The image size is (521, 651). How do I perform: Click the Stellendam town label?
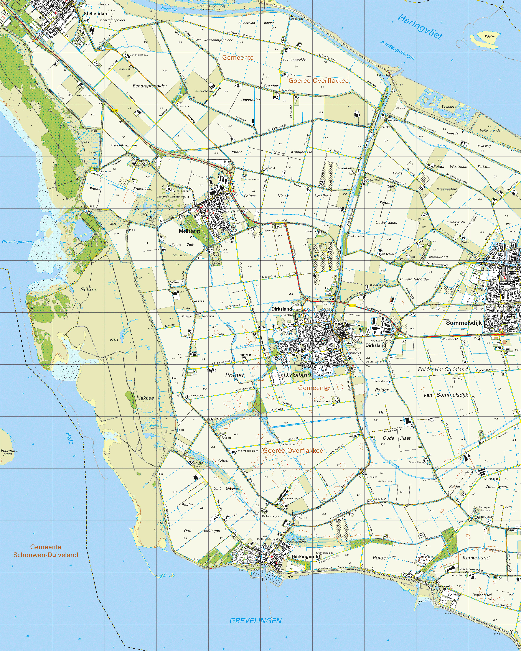coord(96,14)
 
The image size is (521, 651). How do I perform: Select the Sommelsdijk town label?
coord(464,323)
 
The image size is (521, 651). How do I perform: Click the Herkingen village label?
coord(302,556)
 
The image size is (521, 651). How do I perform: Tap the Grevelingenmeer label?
coord(17,242)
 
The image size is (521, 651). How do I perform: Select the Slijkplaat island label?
coord(490,36)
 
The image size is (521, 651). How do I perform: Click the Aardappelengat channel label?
coord(397,50)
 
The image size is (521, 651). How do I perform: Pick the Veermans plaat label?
coord(9,452)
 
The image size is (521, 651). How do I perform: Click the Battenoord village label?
coord(441,586)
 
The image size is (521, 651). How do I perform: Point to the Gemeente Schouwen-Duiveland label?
coord(46,551)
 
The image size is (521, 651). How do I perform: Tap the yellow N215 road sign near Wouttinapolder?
coord(114,111)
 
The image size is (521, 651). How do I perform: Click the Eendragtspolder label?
coord(150,86)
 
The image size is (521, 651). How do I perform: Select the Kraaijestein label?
coord(447,189)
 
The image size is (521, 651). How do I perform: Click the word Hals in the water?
coord(69,438)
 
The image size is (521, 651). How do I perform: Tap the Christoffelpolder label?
coord(414,279)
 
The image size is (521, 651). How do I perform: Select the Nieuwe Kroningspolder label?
coord(214,40)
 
